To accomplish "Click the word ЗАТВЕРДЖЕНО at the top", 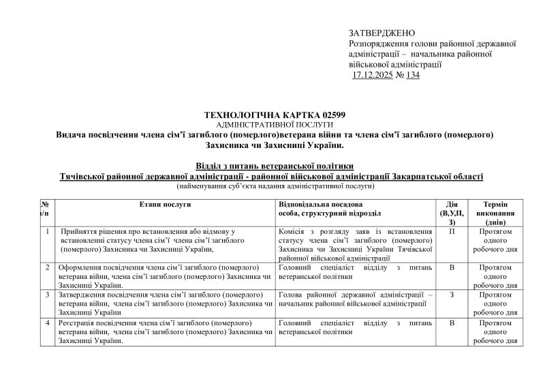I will pyautogui.click(x=381, y=33).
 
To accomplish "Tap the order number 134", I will pyautogui.click(x=411, y=75).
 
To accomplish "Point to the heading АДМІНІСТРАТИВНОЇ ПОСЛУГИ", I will pyautogui.click(x=274, y=125).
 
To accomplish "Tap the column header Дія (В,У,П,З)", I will pyautogui.click(x=452, y=213).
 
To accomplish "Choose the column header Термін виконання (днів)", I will pyautogui.click(x=499, y=213).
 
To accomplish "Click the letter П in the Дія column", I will pyautogui.click(x=452, y=232).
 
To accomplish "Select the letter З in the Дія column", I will pyautogui.click(x=452, y=295).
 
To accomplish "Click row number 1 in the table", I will pyautogui.click(x=46, y=232).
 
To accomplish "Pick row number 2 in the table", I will pyautogui.click(x=46, y=267).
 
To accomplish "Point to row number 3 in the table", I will pyautogui.click(x=46, y=295).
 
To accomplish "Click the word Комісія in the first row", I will pyautogui.click(x=296, y=232).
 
